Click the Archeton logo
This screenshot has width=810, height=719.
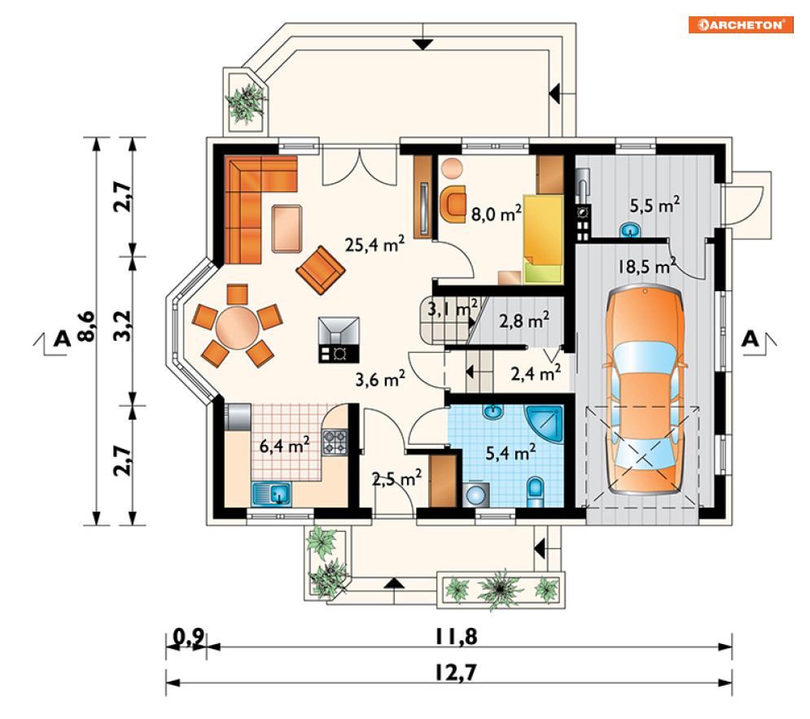point(741,24)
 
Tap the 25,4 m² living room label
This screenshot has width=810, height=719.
point(374,244)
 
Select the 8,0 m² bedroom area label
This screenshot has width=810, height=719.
point(497,212)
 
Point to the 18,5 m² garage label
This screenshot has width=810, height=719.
point(647,266)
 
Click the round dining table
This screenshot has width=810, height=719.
point(237,328)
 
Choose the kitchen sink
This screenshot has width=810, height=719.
point(271,494)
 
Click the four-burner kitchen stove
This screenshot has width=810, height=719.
point(335,442)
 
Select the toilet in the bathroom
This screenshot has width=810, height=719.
point(535,492)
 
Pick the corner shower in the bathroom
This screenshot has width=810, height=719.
point(545,423)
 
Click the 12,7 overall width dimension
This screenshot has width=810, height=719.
point(455,673)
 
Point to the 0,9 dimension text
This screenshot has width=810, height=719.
point(189,638)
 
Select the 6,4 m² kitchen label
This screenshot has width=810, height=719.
point(284,444)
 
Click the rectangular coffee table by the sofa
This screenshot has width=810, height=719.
point(287,229)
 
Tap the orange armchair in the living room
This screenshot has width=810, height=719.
point(321,270)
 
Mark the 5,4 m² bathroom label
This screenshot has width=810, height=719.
point(510,452)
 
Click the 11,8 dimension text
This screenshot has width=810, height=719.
point(456,637)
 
